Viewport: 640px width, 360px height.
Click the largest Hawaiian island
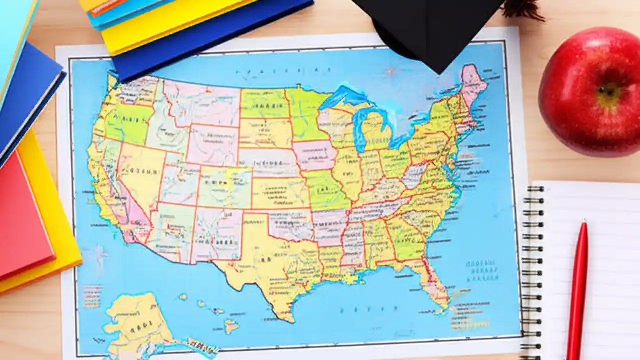231,327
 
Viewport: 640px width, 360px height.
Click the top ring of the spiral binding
534,189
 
